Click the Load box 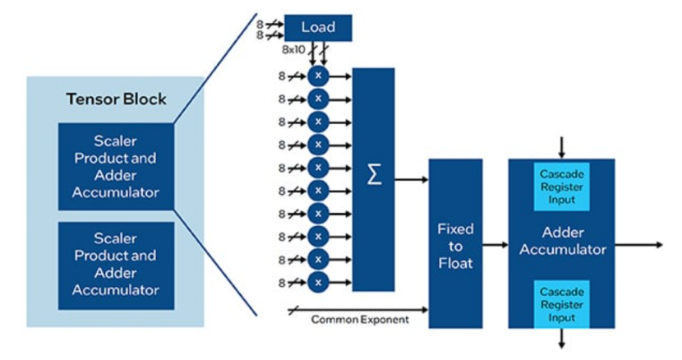(x=318, y=28)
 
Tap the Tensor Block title (x=116, y=99)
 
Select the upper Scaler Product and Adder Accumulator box (x=116, y=167)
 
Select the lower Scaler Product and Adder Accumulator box (x=116, y=266)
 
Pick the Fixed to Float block (x=455, y=243)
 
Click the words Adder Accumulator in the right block (x=562, y=241)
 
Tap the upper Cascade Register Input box (x=561, y=187)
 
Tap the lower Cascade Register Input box (x=561, y=304)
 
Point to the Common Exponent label (x=360, y=320)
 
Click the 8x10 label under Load (x=293, y=49)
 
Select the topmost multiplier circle (x=318, y=76)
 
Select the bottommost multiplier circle (x=318, y=283)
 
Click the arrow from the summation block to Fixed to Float (x=412, y=179)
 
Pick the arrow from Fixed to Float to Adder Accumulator (x=495, y=245)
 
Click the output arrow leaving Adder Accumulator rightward (x=639, y=245)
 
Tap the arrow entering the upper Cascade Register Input (x=561, y=148)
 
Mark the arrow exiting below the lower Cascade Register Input (x=561, y=339)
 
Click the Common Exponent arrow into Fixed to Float (x=358, y=310)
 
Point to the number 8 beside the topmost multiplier (x=282, y=76)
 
